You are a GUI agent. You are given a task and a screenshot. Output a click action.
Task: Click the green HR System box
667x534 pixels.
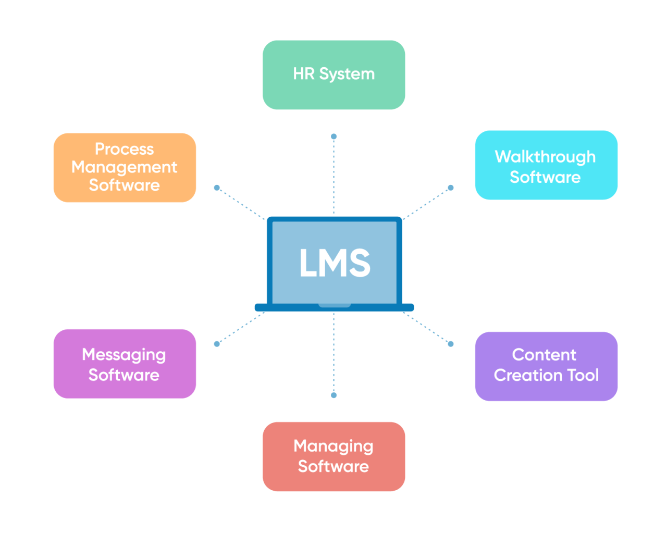pos(333,74)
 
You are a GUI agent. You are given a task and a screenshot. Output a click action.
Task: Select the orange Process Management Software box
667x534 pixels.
pos(125,167)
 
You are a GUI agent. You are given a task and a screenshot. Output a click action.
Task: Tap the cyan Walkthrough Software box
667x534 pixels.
pos(546,165)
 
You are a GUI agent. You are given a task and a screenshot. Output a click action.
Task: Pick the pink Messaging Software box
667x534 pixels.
pos(125,364)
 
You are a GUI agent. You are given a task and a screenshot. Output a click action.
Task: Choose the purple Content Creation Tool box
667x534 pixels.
pos(546,366)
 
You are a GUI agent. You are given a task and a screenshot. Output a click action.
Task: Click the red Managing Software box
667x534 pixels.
pos(333,456)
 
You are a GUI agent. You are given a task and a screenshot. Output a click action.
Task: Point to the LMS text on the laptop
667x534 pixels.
pos(335,263)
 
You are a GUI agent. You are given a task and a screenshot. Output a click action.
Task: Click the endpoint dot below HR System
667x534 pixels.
pos(333,136)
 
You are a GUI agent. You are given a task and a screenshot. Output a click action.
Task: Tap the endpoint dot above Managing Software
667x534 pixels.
pos(333,395)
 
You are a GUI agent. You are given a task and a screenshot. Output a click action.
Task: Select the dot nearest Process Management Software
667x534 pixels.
pos(217,188)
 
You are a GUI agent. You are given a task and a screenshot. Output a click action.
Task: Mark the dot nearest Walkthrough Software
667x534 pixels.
pos(451,188)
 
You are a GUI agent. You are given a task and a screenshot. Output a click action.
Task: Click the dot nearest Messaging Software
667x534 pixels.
pos(217,344)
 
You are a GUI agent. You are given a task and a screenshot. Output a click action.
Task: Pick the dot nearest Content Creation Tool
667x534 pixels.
pos(451,344)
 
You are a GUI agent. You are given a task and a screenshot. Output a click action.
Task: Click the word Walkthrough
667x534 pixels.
pos(545,156)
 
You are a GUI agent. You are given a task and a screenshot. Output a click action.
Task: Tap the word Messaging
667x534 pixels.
pos(124,355)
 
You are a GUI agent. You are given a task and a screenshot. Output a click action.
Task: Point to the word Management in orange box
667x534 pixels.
pos(125,167)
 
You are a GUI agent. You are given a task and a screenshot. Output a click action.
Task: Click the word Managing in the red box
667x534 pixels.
pos(333,446)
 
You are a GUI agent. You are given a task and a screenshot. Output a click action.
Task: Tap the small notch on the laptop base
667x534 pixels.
pos(335,305)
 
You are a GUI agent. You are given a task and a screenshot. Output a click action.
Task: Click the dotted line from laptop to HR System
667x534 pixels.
pos(333,177)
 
